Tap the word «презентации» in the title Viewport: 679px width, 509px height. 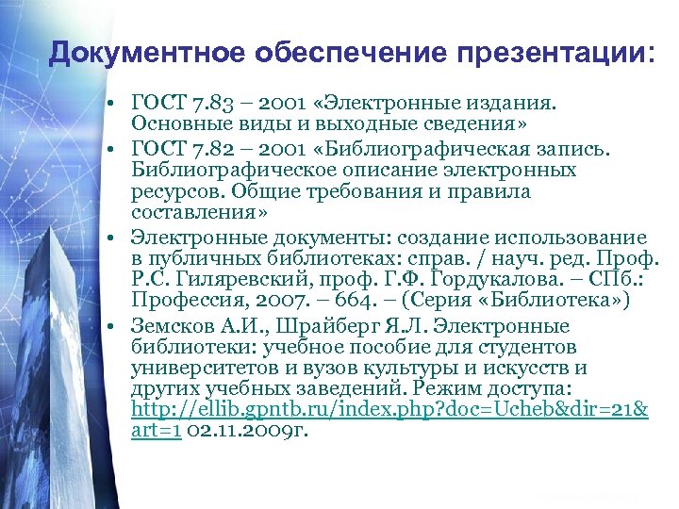(x=562, y=53)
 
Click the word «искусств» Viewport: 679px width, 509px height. (x=534, y=368)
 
